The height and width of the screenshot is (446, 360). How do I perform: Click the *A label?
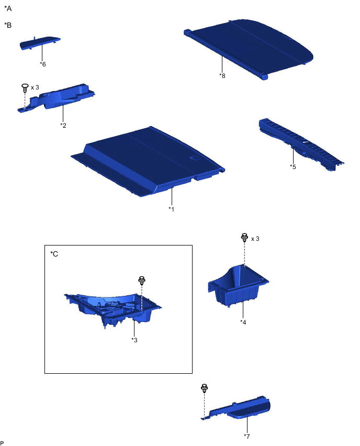[x=8, y=8]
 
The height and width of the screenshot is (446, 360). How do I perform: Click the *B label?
[x=8, y=25]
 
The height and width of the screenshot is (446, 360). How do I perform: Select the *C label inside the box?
[x=54, y=254]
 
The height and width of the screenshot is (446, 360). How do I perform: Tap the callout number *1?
[x=171, y=209]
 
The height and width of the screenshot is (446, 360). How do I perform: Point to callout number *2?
[x=63, y=125]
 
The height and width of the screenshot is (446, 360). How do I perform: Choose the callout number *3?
[x=134, y=340]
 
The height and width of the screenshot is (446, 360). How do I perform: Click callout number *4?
[x=243, y=322]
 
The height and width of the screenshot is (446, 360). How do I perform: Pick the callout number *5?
[x=293, y=166]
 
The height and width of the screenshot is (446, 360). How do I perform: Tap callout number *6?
[x=43, y=64]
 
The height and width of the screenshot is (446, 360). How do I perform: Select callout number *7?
[x=247, y=436]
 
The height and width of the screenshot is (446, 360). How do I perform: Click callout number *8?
[x=222, y=76]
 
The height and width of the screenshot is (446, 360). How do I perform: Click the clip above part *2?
[x=25, y=88]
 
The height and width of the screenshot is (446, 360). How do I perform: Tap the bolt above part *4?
[x=244, y=238]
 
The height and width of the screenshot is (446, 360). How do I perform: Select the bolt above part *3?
[x=142, y=281]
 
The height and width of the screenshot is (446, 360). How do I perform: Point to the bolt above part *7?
[x=204, y=388]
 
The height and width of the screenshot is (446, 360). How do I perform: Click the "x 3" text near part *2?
[x=35, y=87]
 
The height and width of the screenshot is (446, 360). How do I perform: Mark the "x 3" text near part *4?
[x=255, y=239]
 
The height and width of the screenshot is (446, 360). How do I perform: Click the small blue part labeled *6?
[x=40, y=43]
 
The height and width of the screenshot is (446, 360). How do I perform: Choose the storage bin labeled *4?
[x=238, y=286]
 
